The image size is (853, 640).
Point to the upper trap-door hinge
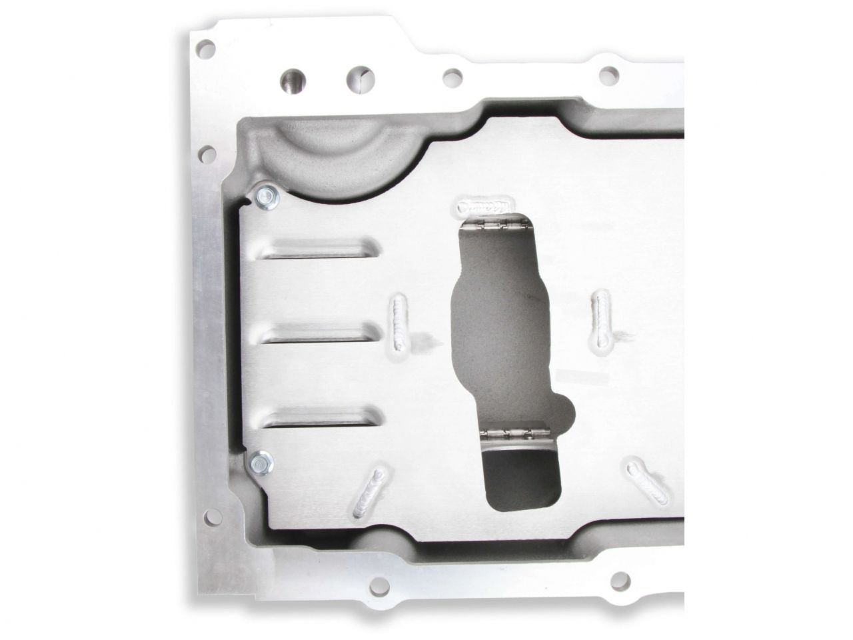point(496,226)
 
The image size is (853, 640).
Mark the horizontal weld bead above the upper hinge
point(487,204)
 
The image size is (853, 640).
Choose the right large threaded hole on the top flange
point(360,80)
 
